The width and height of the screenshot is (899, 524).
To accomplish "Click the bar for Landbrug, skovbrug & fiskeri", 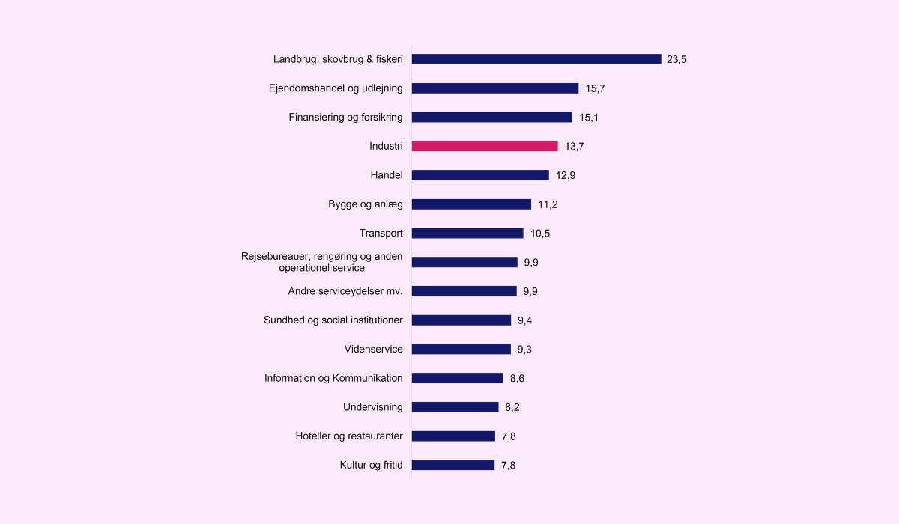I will click(x=536, y=59).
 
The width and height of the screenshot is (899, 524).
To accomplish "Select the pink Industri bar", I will click(x=485, y=146).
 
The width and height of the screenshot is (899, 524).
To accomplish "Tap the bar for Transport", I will click(x=467, y=234).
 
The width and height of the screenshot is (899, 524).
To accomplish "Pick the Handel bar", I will click(x=480, y=175).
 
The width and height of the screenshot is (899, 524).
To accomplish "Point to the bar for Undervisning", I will click(x=455, y=407).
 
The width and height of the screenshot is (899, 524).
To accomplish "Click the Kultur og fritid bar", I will click(x=453, y=465).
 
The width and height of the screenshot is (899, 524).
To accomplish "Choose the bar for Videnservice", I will click(x=461, y=349).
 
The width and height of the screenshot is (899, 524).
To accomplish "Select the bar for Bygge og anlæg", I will click(x=471, y=204).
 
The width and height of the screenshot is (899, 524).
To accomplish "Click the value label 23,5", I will click(x=677, y=59).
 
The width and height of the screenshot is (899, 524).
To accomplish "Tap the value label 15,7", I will click(x=595, y=88).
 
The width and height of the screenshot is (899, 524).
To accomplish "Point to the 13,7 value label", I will click(x=574, y=147).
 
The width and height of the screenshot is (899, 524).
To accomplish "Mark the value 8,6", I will click(x=517, y=379).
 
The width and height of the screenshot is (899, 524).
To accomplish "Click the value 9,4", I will click(x=524, y=320).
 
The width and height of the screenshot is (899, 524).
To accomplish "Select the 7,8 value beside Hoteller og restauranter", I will click(x=509, y=436).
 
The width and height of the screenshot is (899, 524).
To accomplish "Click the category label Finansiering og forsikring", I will click(x=345, y=117).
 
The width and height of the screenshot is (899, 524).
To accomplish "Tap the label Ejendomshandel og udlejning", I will click(x=336, y=88).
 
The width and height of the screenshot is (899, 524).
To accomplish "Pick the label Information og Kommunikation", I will click(x=333, y=378).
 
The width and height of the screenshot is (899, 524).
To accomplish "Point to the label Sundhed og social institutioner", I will click(x=333, y=320).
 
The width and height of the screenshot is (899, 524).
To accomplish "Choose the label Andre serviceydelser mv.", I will click(x=345, y=291).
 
